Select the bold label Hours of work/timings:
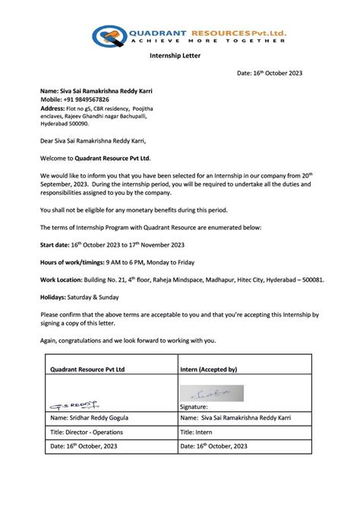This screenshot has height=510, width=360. click(x=74, y=262)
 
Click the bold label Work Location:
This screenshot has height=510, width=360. click(x=62, y=279)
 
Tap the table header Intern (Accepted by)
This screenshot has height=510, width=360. click(x=209, y=369)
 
